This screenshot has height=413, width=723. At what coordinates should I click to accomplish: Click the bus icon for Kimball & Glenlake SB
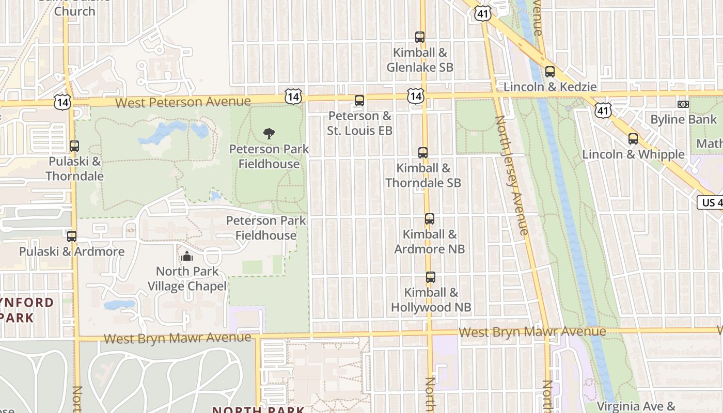point(420,37)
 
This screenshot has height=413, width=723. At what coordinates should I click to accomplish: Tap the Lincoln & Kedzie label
point(550,87)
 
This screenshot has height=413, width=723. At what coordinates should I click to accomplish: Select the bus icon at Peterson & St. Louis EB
point(359,101)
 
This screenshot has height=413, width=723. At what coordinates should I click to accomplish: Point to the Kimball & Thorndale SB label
point(423,176)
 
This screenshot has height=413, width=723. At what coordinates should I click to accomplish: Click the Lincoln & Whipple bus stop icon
point(633,139)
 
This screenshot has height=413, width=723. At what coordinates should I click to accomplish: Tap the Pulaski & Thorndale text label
point(74,169)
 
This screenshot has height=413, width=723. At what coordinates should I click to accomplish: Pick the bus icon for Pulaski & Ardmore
point(72,236)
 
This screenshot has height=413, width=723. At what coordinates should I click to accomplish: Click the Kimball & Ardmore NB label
point(430,242)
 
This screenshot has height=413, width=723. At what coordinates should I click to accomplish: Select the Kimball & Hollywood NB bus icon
point(431,277)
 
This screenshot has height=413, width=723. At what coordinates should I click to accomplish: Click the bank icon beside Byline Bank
point(683,104)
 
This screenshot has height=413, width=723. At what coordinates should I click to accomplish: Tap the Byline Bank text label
point(683,120)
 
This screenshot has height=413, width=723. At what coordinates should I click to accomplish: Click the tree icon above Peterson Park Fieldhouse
point(269,134)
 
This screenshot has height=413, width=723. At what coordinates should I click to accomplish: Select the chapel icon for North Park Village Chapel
point(186,256)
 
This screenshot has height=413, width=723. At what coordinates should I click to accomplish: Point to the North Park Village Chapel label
point(187,279)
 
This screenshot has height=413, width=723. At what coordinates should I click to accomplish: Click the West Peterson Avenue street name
point(183,102)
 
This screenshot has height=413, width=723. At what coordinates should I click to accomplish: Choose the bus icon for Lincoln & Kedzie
point(550,72)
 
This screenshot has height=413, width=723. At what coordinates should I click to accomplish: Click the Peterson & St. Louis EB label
point(359,123)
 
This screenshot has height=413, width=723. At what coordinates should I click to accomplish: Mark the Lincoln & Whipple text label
point(633,154)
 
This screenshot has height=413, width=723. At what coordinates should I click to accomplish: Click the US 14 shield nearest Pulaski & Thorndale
point(62,102)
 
